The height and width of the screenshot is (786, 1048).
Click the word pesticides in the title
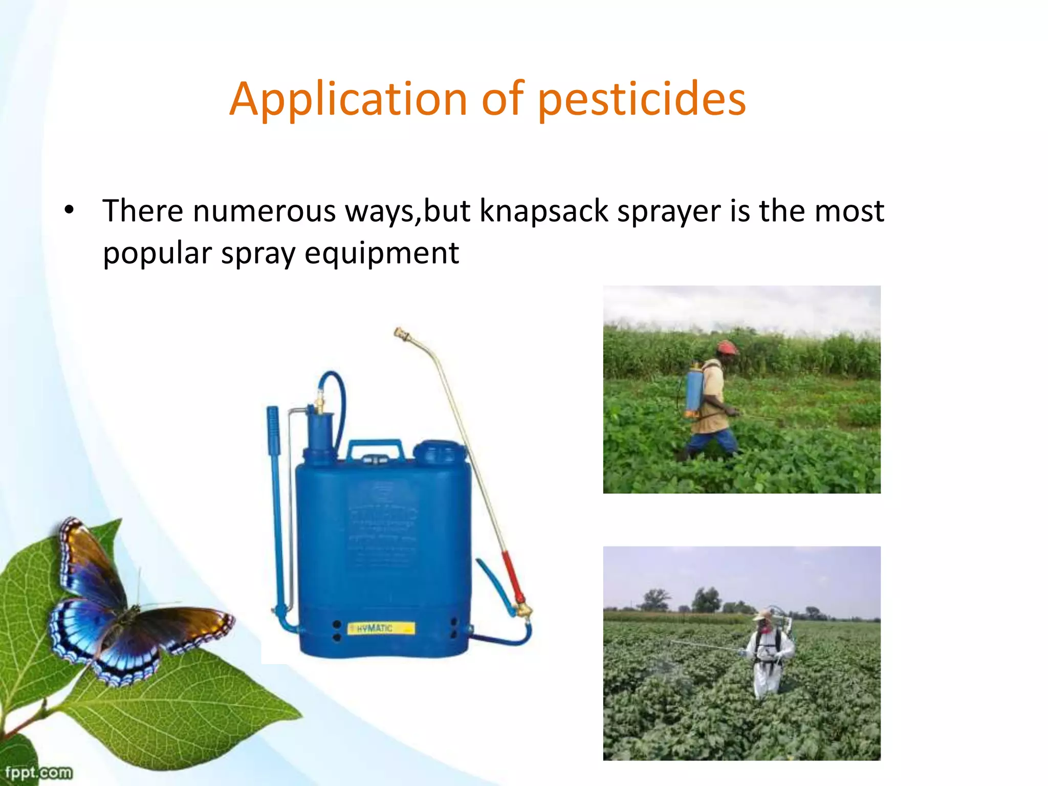642,99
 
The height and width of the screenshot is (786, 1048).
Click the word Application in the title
348,99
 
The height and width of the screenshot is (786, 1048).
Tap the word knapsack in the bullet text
543,211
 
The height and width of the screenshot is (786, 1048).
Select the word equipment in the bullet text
382,253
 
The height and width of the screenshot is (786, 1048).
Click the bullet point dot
69,210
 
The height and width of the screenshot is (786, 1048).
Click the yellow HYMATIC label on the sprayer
381,628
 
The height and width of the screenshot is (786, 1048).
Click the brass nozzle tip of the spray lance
402,335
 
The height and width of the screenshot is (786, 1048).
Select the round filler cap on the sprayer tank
439,452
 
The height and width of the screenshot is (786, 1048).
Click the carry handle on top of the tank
375,450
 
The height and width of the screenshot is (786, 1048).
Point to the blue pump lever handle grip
273,430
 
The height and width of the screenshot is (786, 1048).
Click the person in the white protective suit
768,655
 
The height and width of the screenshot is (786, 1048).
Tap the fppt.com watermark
38,772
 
